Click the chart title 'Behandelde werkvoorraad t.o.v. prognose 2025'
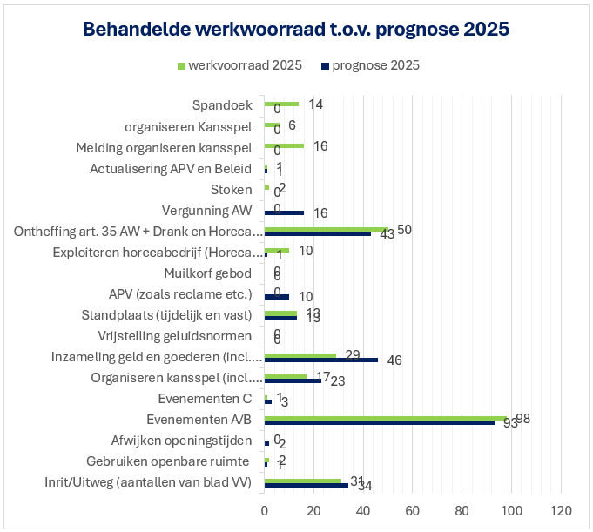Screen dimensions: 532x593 pos(296,29)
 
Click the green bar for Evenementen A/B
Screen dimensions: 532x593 pos(385,418)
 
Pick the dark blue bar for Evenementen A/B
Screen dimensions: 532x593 pos(379,422)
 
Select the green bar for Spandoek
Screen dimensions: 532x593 pos(281,104)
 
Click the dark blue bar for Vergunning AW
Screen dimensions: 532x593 pos(284,212)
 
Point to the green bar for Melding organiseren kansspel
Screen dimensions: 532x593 pos(284,145)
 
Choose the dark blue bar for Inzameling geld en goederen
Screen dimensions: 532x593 pos(320,360)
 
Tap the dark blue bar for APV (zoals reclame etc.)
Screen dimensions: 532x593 pos(277,297)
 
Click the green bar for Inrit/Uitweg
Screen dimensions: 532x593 pos(302,481)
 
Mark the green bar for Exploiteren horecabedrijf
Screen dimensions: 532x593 pos(277,250)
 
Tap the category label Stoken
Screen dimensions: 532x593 pos(232,190)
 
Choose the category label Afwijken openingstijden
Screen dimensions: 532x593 pos(182,441)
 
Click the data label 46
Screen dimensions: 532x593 pos(394,360)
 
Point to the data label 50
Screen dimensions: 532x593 pos(404,229)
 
